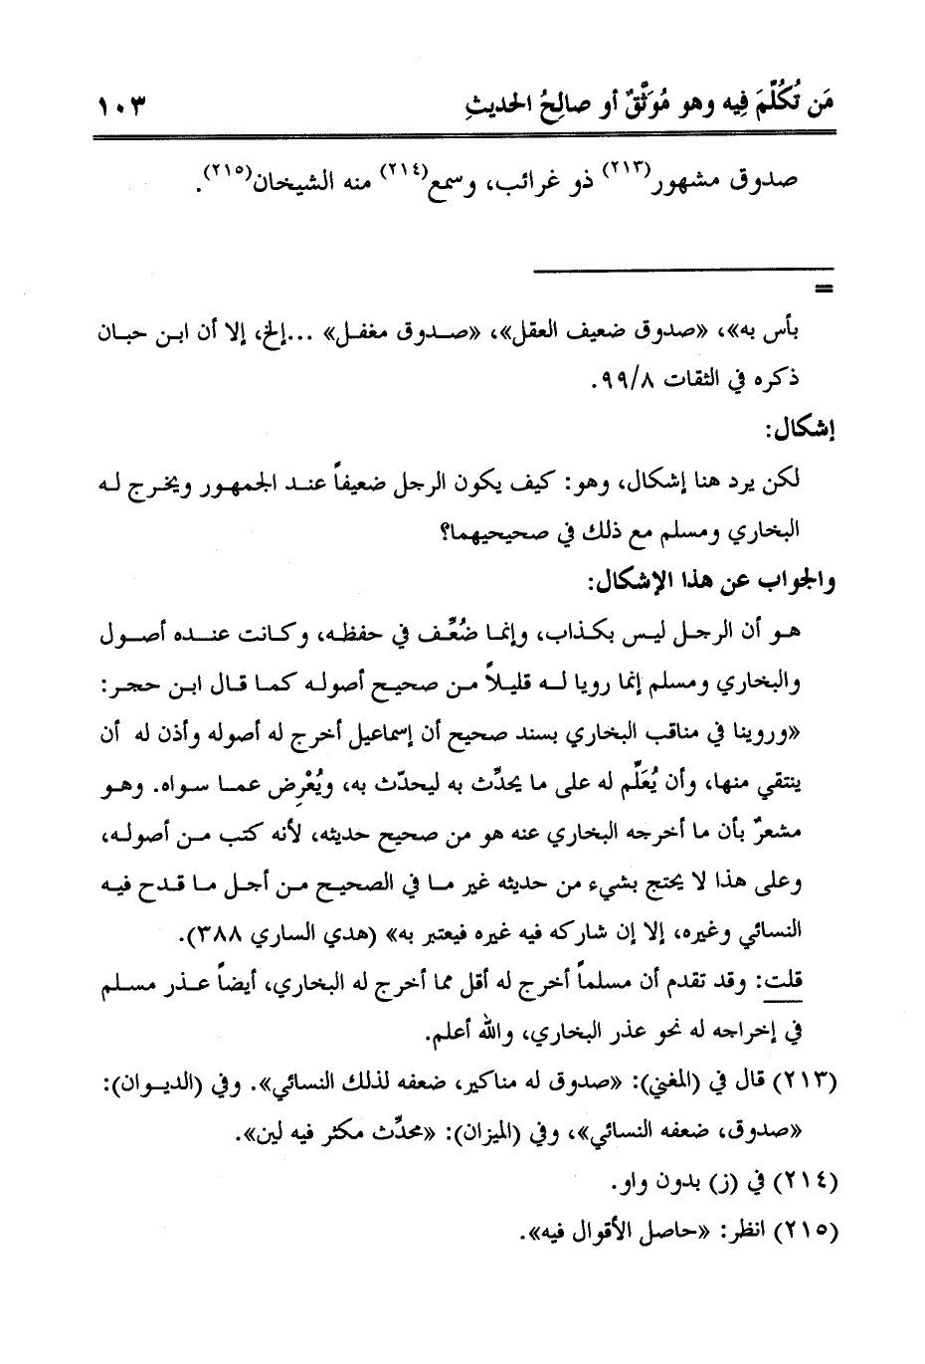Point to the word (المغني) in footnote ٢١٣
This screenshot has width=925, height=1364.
[x=696, y=1082]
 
